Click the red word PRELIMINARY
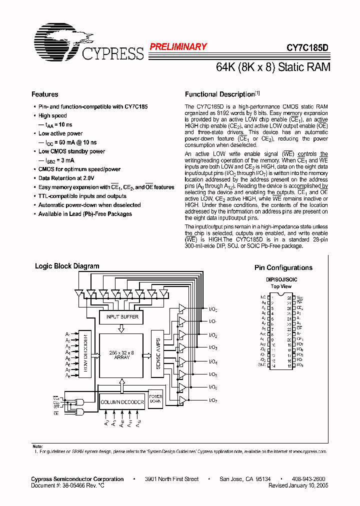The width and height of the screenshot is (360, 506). [x=178, y=46]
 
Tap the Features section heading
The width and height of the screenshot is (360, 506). [x=45, y=94]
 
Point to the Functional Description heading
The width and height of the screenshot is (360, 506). [x=220, y=94]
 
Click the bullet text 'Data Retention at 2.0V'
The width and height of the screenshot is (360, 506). [x=66, y=178]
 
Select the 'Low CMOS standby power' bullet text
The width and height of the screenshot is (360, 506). [x=71, y=151]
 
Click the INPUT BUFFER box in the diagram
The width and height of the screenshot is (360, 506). [x=122, y=317]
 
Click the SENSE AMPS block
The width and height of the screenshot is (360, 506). [x=157, y=355]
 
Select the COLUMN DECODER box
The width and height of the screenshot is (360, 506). [x=122, y=402]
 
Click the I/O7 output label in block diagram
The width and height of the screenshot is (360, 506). [x=213, y=400]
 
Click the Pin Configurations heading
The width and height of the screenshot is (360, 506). [x=283, y=267]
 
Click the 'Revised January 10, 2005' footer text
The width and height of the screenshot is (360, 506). [x=298, y=485]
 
